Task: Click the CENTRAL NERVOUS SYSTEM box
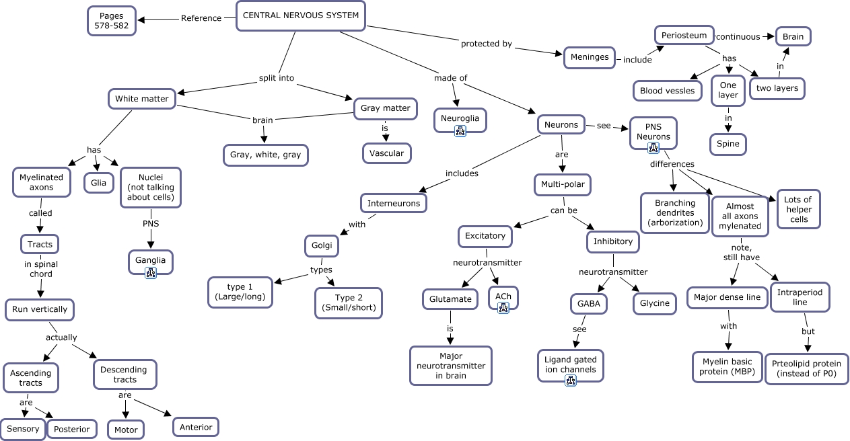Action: click(300, 15)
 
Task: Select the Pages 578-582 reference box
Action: click(112, 20)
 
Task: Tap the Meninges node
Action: click(590, 57)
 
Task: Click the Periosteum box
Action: click(683, 36)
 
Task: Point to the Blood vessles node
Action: click(667, 91)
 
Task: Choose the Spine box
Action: click(728, 144)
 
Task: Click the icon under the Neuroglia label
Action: click(460, 131)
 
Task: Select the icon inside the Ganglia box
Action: click(151, 272)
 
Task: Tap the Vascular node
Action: click(386, 153)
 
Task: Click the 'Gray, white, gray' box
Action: click(265, 155)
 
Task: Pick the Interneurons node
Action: click(394, 203)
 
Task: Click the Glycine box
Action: click(654, 303)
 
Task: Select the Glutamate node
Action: click(450, 299)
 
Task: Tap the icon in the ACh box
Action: click(503, 308)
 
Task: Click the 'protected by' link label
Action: click(486, 44)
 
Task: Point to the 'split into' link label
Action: click(277, 78)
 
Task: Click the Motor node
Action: click(126, 430)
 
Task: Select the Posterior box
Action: click(72, 429)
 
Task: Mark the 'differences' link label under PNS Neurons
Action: click(672, 164)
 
